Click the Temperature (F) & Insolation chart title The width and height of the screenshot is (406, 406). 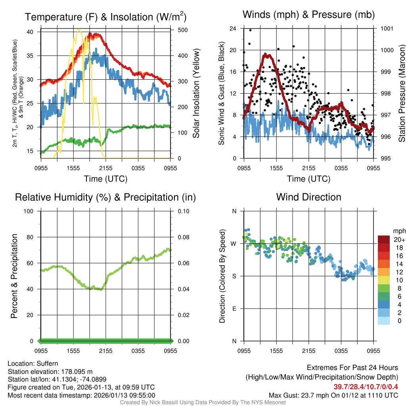(105, 17)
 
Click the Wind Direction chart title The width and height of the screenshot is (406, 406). (308, 197)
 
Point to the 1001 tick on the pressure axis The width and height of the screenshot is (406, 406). (387, 29)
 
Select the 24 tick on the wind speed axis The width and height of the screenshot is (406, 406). (233, 29)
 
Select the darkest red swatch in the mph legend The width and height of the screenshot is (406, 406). (383, 239)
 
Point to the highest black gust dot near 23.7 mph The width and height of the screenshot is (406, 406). (250, 30)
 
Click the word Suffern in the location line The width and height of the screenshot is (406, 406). (47, 363)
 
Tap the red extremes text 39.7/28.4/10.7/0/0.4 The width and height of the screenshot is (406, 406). (366, 387)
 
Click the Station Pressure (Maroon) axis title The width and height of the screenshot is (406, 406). (402, 94)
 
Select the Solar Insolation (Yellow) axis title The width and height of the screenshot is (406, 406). (196, 94)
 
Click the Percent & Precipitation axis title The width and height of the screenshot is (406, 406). (14, 276)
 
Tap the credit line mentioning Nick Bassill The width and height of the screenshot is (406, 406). (203, 402)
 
